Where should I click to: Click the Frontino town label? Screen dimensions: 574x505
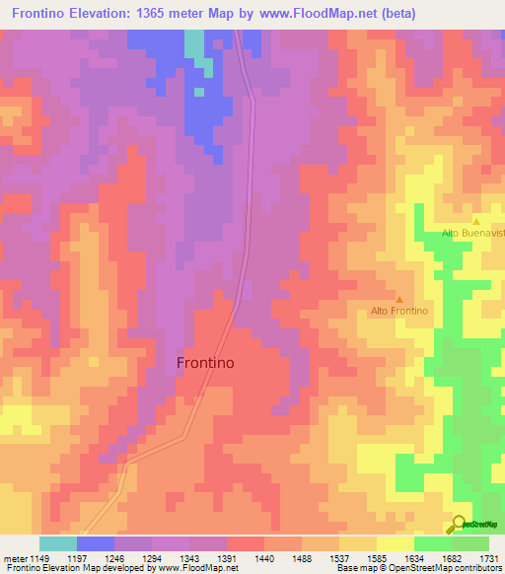tap(205, 362)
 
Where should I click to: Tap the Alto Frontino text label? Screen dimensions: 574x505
tap(399, 311)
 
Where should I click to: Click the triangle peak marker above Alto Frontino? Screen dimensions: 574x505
tap(398, 299)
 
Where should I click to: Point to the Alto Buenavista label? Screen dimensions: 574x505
tap(472, 232)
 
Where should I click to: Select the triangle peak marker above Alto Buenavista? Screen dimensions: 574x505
tap(475, 221)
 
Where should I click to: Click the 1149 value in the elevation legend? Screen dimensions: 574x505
tap(39, 557)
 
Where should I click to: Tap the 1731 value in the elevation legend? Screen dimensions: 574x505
tap(488, 557)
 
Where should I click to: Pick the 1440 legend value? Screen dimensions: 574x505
tap(263, 557)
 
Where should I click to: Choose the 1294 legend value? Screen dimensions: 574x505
tap(152, 557)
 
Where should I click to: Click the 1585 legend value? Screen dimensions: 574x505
tap(376, 557)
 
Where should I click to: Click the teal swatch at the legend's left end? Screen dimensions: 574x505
tap(57, 543)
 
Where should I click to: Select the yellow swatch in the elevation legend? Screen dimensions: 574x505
tap(395, 543)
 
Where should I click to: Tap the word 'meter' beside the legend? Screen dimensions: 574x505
tap(15, 557)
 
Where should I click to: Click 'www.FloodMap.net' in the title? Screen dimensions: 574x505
tap(308, 14)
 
